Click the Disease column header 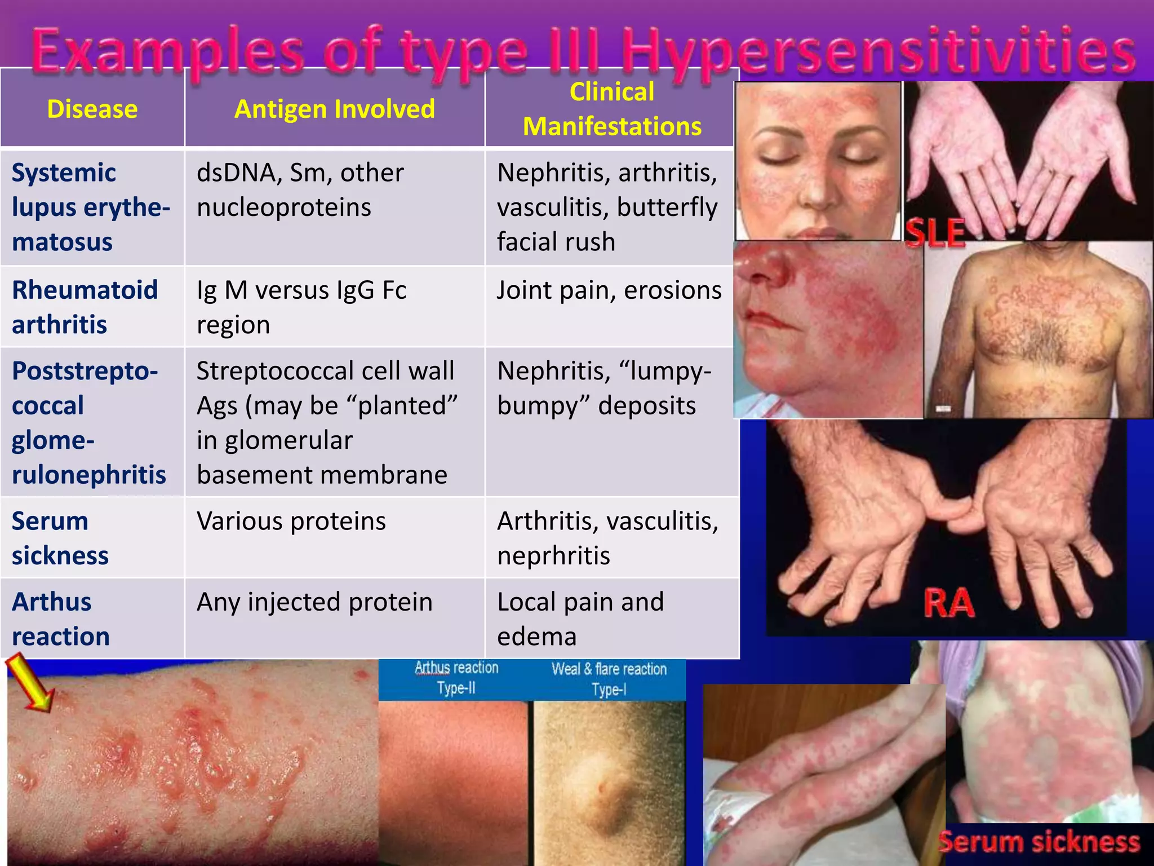[92, 109]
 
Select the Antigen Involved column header [335, 109]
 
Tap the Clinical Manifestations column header [612, 109]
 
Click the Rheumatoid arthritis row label [85, 307]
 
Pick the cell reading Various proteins [291, 521]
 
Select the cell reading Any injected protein [314, 602]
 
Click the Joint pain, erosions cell [609, 290]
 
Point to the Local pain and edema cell [580, 618]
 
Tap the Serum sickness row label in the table [60, 538]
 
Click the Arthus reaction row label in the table [60, 618]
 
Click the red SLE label [935, 233]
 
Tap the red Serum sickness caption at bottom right [1038, 842]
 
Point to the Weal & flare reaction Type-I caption [609, 679]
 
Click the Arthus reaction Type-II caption [456, 678]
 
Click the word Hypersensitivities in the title [879, 52]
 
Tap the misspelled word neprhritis [553, 556]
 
